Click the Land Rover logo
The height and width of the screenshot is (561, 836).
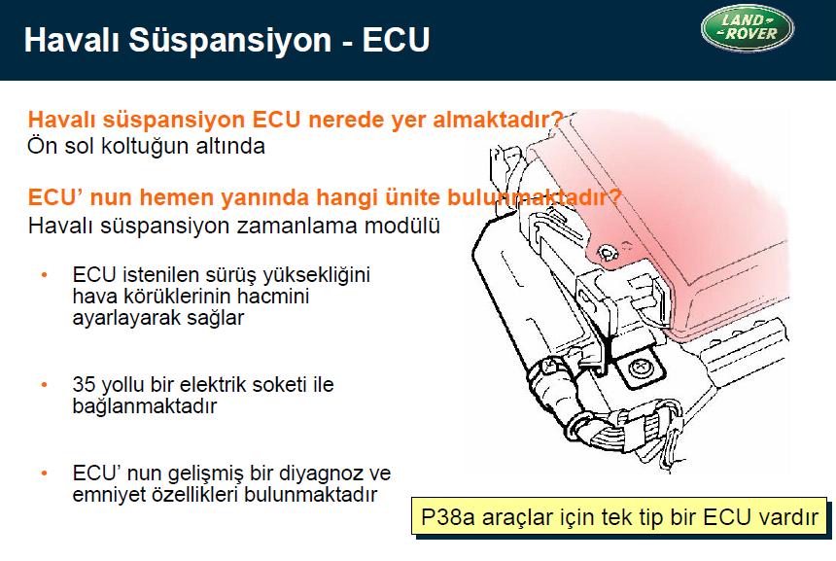[747, 28]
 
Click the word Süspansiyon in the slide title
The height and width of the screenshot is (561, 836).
[229, 41]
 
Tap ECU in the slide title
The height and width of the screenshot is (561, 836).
[396, 40]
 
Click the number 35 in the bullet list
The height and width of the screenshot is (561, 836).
[85, 384]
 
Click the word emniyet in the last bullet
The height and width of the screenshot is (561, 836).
[108, 495]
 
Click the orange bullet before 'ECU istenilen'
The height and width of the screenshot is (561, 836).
[45, 275]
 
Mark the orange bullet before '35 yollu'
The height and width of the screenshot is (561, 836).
[45, 384]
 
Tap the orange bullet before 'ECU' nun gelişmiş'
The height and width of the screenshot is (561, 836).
[45, 473]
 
